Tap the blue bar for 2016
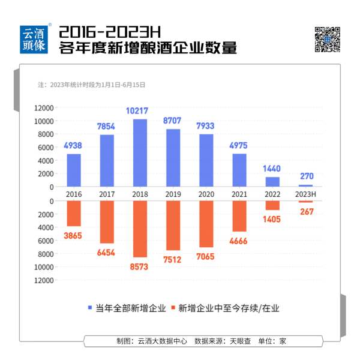coord(74,170)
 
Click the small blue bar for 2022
coord(272,181)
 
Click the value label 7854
coord(107,127)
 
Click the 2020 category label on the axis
coord(206,194)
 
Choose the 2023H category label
coord(305,194)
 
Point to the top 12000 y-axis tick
coord(44,108)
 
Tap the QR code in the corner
coord(328,39)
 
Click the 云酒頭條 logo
coord(35,40)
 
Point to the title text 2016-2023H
coord(107,31)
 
